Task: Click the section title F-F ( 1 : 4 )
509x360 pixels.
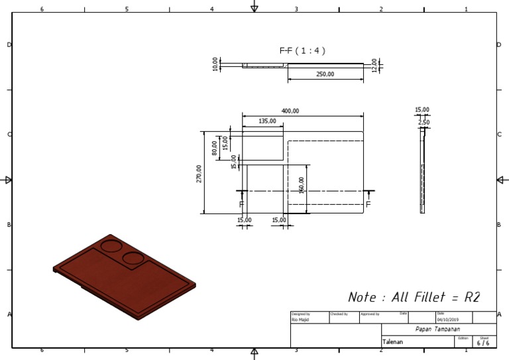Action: point(302,50)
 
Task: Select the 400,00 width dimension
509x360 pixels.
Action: point(290,111)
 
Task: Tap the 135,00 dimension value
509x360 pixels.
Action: point(268,121)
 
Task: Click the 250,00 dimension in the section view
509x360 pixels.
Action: point(325,74)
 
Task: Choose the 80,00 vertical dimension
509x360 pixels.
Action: point(214,147)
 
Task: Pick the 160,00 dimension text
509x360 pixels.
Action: point(302,185)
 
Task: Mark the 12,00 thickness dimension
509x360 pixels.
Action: point(374,65)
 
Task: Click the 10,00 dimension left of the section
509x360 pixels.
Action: point(215,64)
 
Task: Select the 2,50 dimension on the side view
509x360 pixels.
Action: point(423,123)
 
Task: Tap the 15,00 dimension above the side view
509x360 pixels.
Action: point(422,110)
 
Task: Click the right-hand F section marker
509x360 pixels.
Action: point(368,204)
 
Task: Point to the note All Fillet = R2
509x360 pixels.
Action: point(414,297)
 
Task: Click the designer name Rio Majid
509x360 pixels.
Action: point(300,319)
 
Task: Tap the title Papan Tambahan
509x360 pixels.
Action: point(437,330)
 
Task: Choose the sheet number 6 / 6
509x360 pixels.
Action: point(483,343)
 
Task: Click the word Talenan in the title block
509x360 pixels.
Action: point(393,342)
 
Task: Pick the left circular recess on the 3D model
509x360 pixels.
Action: point(111,246)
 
